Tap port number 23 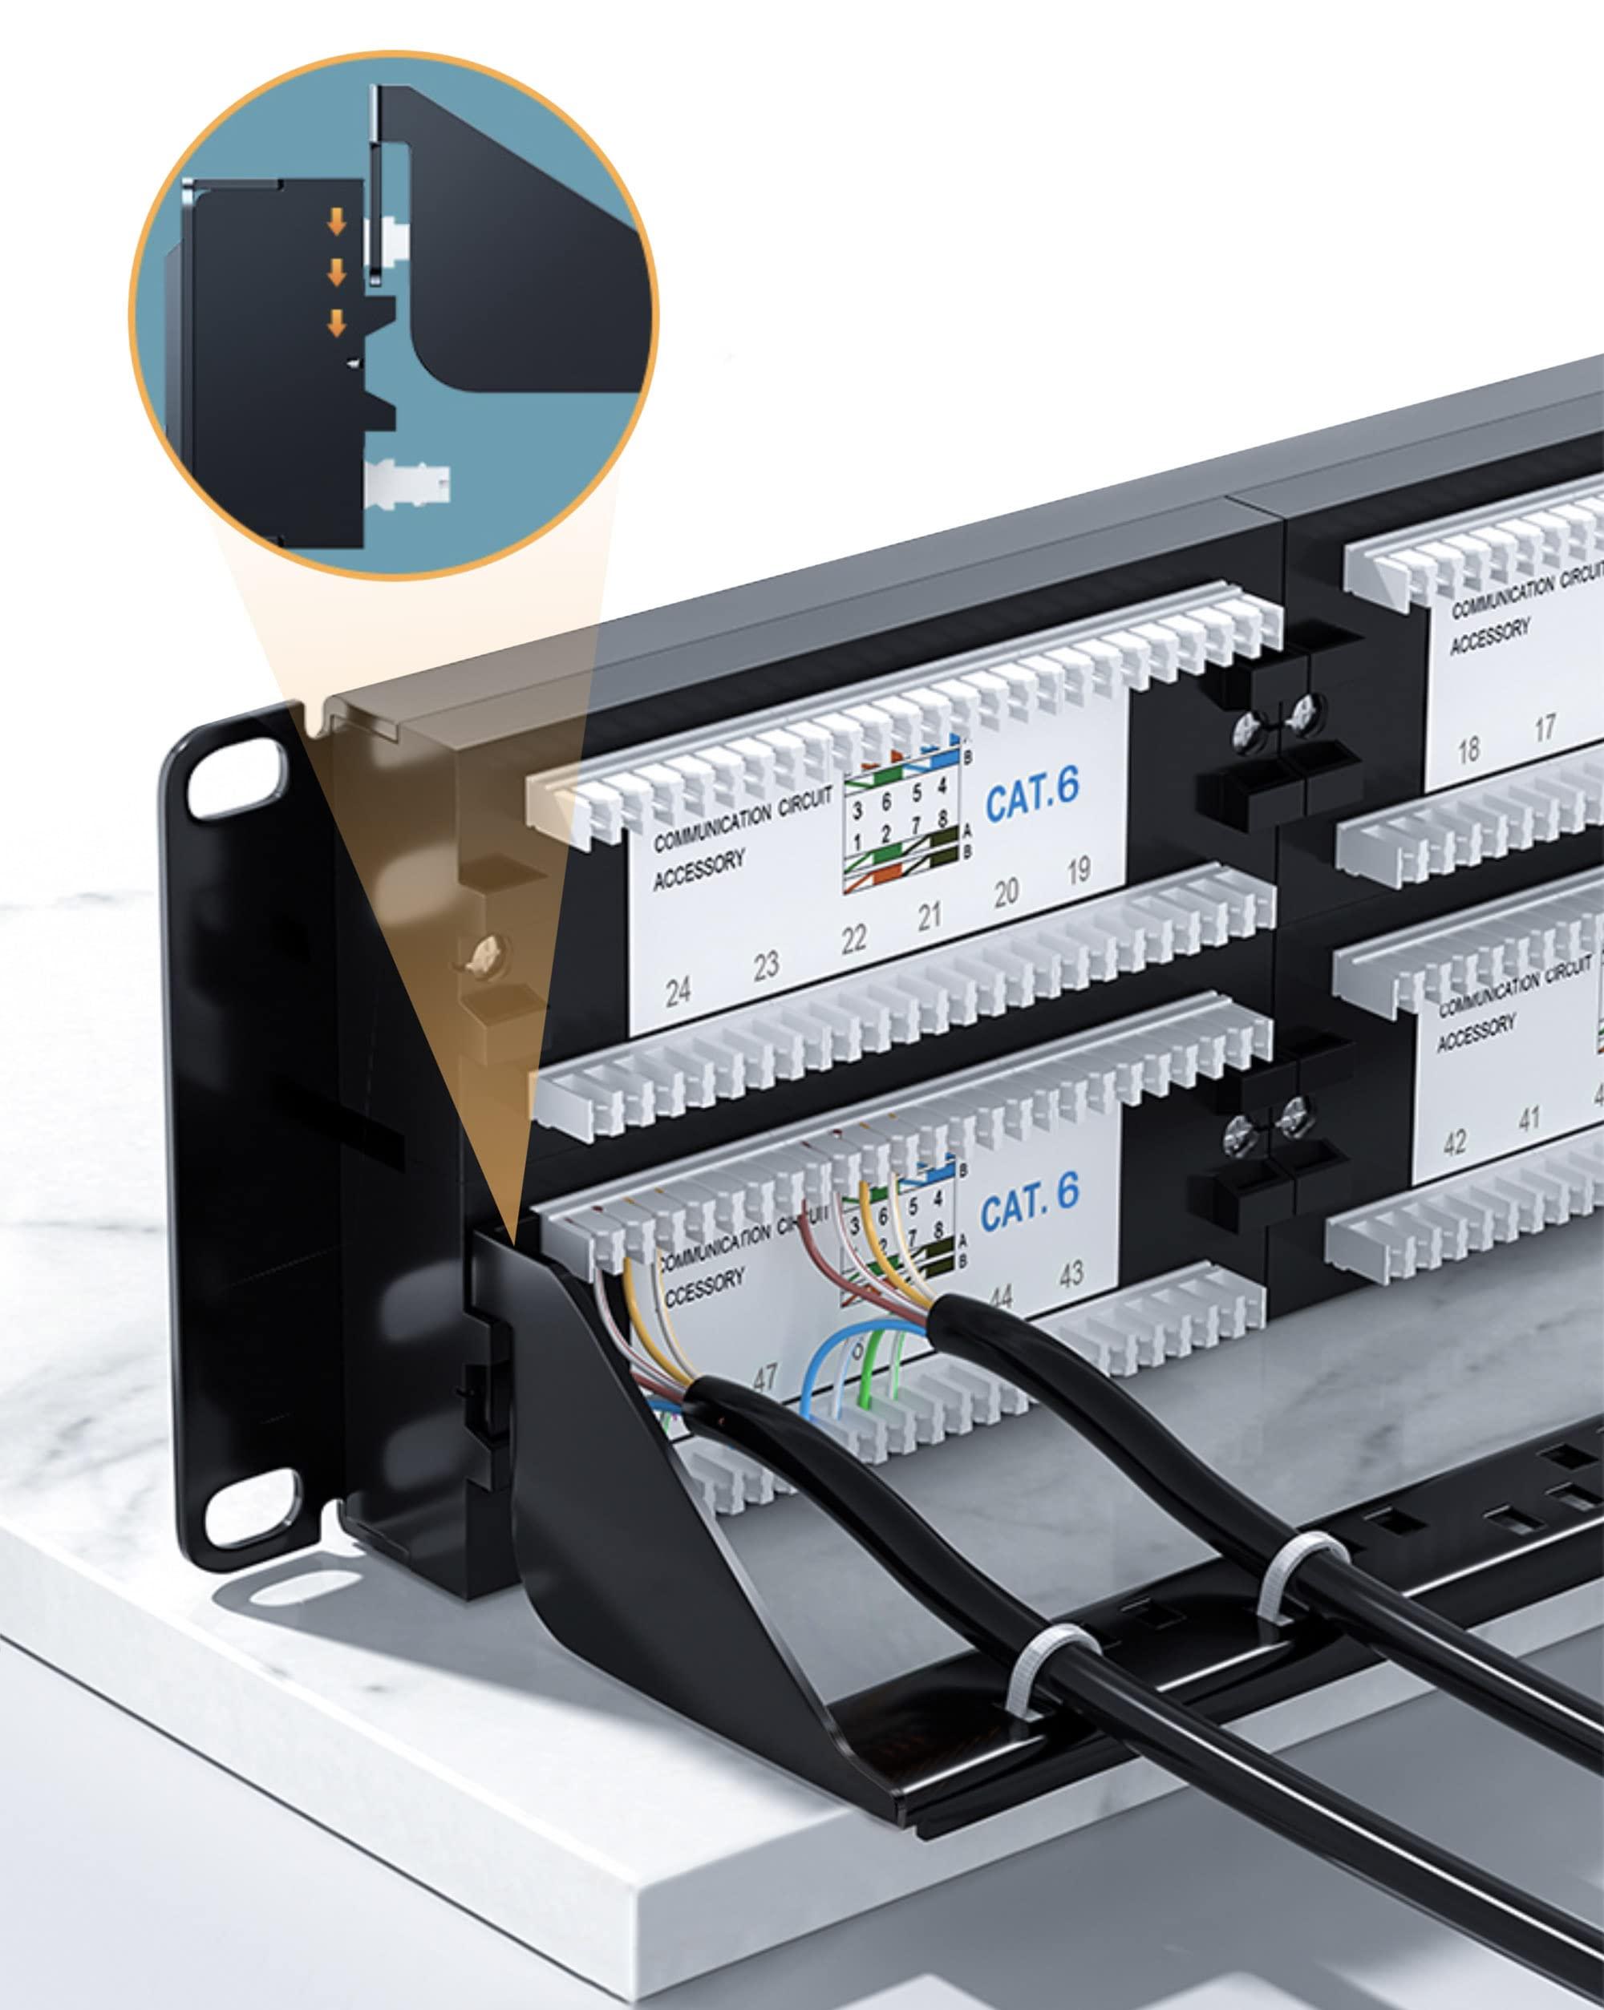coord(766,966)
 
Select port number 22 coord(853,940)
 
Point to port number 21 coord(929,916)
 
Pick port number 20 coord(1005,893)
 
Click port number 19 coord(1078,872)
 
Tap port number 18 coord(1468,749)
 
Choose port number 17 coord(1545,727)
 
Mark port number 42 coord(1454,1141)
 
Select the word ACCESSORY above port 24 coord(699,872)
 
